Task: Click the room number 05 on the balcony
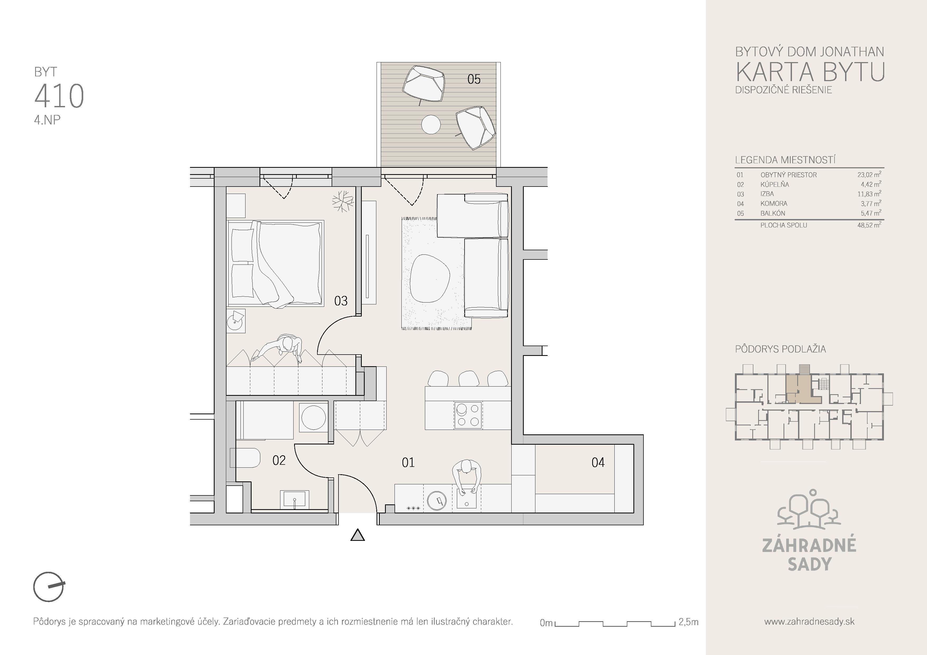(474, 79)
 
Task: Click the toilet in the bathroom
(245, 458)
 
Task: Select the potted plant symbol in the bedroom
(343, 201)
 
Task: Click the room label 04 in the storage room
(598, 462)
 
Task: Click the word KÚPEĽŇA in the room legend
(774, 184)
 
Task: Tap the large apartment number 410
(59, 96)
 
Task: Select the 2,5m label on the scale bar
(688, 622)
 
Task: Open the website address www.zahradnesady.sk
(809, 621)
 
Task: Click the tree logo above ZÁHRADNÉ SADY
(809, 509)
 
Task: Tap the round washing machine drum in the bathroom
(314, 417)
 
